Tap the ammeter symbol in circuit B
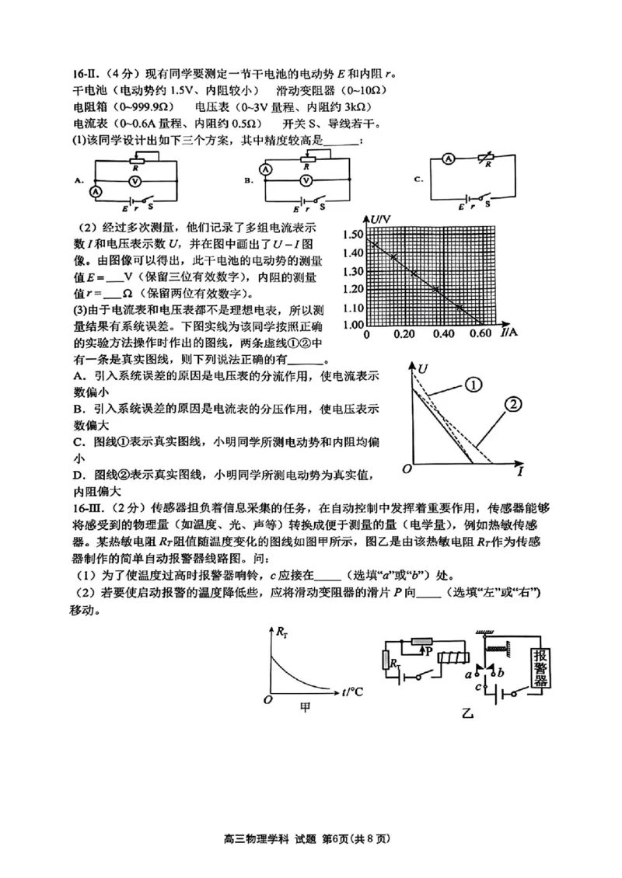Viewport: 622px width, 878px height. point(265,169)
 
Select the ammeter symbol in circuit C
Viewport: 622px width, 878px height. point(449,158)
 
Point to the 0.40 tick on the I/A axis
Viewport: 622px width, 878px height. point(442,334)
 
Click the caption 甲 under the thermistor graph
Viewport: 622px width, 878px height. point(307,706)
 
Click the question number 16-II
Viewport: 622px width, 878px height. point(83,75)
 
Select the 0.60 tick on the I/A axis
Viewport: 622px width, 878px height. point(481,334)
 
